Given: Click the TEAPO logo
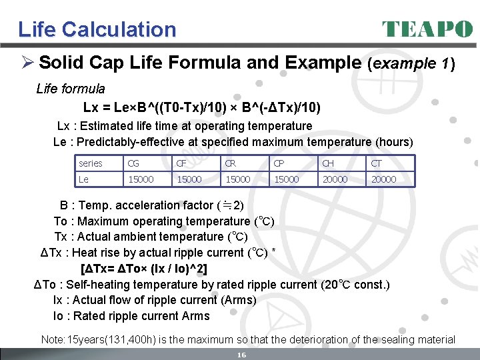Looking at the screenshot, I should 427,29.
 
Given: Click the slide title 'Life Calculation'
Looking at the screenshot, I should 97,29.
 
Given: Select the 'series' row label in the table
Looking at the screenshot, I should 91,163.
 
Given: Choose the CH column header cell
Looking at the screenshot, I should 328,163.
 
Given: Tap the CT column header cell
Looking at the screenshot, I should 377,163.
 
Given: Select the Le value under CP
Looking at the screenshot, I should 286,179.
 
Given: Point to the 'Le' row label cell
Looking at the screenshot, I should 83,179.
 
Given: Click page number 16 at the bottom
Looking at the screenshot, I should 242,355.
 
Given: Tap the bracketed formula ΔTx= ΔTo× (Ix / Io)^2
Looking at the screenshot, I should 143,269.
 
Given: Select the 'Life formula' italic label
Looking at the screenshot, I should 71,89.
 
